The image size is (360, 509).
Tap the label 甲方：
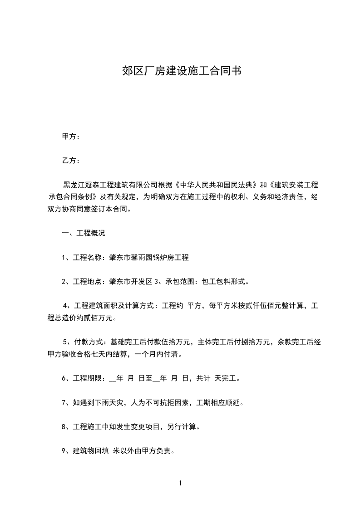71,137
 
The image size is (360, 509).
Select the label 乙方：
71,161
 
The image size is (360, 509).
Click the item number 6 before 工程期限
64,378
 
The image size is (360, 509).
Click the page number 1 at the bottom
180,483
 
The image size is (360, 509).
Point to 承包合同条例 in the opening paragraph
73,197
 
